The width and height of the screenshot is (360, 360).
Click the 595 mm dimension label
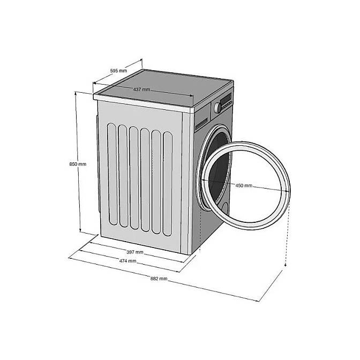click(118, 71)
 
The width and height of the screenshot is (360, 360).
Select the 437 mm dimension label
click(141, 89)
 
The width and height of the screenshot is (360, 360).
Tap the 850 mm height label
click(78, 164)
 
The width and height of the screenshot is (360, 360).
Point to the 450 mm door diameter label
click(244, 185)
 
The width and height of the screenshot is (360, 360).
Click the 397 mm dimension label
click(135, 252)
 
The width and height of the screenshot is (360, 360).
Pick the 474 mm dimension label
click(127, 261)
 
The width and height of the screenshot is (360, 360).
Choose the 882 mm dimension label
click(159, 279)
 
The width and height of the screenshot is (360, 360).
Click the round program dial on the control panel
click(217, 108)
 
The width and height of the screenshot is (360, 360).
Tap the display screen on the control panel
click(226, 98)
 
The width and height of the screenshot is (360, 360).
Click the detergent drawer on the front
click(201, 124)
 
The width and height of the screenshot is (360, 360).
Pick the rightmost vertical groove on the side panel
click(168, 184)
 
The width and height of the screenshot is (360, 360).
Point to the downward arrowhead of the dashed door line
click(286, 265)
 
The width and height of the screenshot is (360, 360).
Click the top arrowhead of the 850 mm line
click(76, 93)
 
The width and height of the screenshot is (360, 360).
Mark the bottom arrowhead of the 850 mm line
click(80, 230)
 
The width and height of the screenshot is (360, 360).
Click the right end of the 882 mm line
click(259, 301)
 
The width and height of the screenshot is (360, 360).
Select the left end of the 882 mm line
click(69, 258)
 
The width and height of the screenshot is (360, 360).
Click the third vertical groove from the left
click(134, 178)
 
